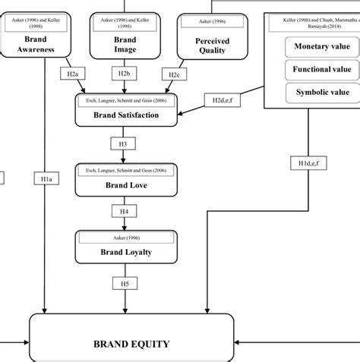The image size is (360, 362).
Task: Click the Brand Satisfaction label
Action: (x=125, y=116)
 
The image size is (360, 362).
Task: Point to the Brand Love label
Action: (x=125, y=184)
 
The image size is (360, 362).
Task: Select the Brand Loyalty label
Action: (x=125, y=253)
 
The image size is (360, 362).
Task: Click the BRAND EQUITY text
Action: (x=131, y=344)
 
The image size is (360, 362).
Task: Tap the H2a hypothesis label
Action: (x=71, y=74)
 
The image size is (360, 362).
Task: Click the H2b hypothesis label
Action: (x=124, y=74)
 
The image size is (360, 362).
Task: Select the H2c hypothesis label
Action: (x=174, y=74)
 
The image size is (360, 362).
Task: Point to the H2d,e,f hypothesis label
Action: (x=222, y=99)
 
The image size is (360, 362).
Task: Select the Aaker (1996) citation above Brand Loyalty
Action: (x=125, y=238)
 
